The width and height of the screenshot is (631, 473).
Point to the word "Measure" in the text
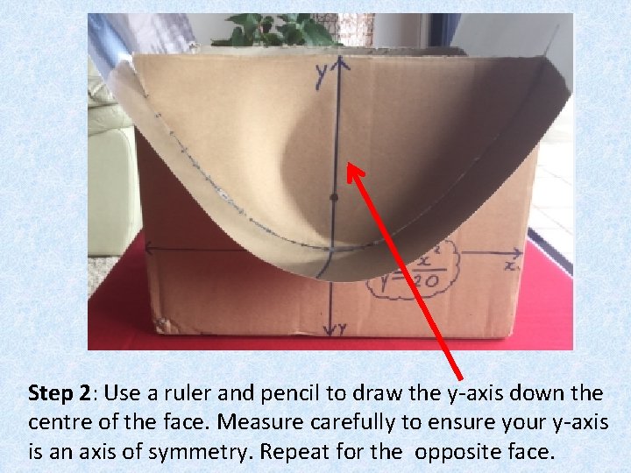pos(256,422)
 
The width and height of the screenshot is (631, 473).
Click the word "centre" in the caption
pos(57,422)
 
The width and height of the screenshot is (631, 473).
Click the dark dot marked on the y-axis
pos(333,199)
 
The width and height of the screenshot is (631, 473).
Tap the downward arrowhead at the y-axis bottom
pos(330,331)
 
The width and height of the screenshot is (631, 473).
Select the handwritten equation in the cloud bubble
pos(411,272)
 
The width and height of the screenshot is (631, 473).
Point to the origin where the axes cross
pos(331,251)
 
